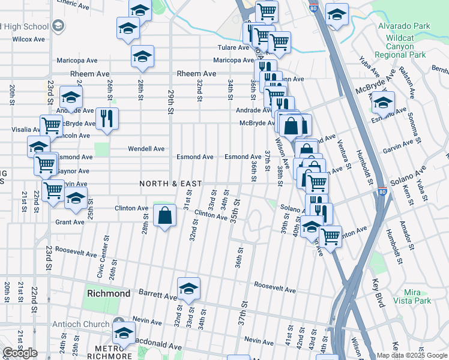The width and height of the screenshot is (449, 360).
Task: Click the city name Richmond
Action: pos(109,294)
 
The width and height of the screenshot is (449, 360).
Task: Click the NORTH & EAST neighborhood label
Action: pos(170,184)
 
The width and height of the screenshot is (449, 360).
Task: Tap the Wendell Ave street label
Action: pos(146,149)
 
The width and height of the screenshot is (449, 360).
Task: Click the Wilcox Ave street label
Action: pos(29,39)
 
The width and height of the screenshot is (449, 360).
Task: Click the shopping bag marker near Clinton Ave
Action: pos(164,215)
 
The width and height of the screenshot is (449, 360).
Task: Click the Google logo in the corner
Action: pos(20,353)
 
